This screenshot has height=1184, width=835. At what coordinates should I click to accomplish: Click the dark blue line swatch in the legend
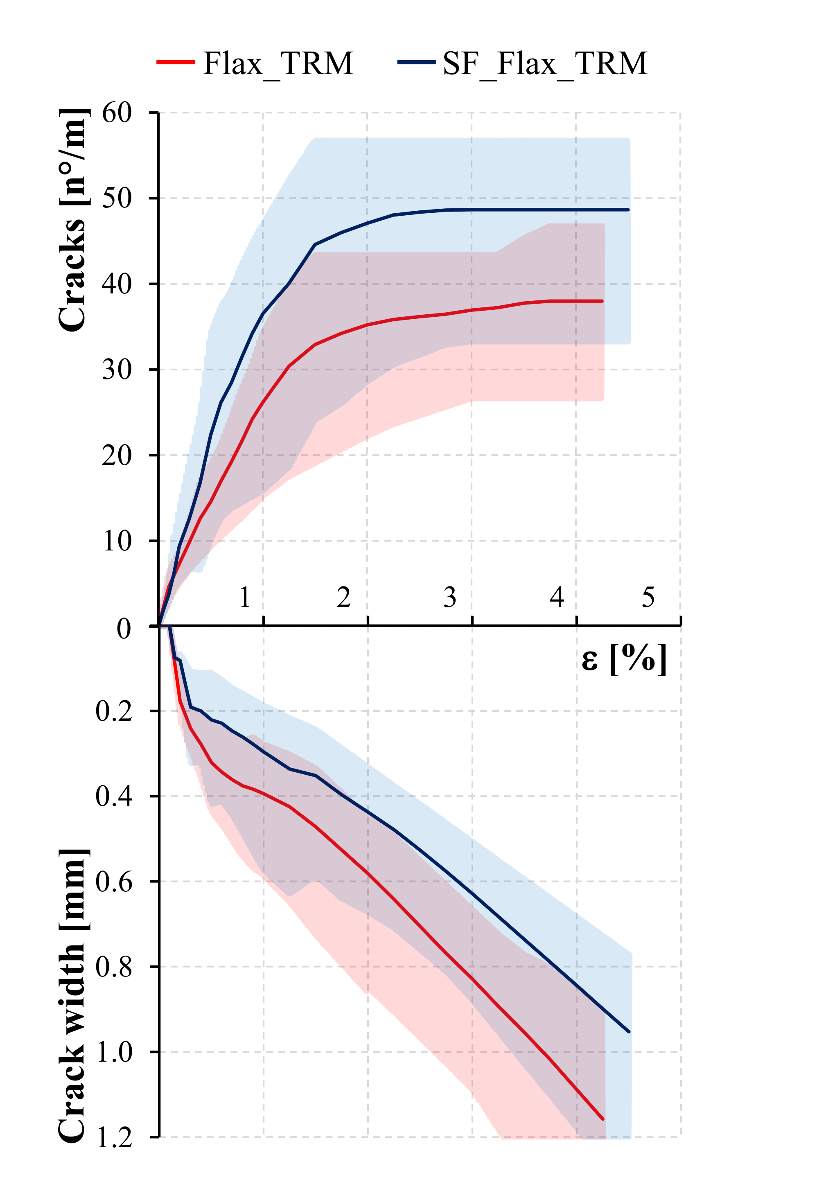pos(417,62)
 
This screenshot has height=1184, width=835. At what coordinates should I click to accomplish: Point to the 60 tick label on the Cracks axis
pos(117,113)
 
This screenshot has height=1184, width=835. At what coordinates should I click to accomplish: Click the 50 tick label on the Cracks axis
pos(117,198)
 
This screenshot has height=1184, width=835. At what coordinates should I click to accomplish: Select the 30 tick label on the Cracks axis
pos(117,369)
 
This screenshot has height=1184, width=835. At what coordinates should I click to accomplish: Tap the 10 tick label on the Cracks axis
pos(117,541)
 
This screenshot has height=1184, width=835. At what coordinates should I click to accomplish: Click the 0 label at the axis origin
pos(124,629)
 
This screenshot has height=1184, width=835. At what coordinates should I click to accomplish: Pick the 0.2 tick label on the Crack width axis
pos(114,711)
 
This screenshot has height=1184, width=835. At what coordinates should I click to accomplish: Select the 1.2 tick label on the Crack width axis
pos(114,1138)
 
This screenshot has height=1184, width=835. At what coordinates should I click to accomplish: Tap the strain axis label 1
pos(245,597)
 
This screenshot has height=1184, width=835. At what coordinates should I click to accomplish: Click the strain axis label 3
pos(450,597)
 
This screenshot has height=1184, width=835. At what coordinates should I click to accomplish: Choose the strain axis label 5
pos(648,597)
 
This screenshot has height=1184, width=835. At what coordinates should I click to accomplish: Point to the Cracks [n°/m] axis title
pos(72,220)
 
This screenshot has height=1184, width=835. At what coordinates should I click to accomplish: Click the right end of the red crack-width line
pos(603,1119)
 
